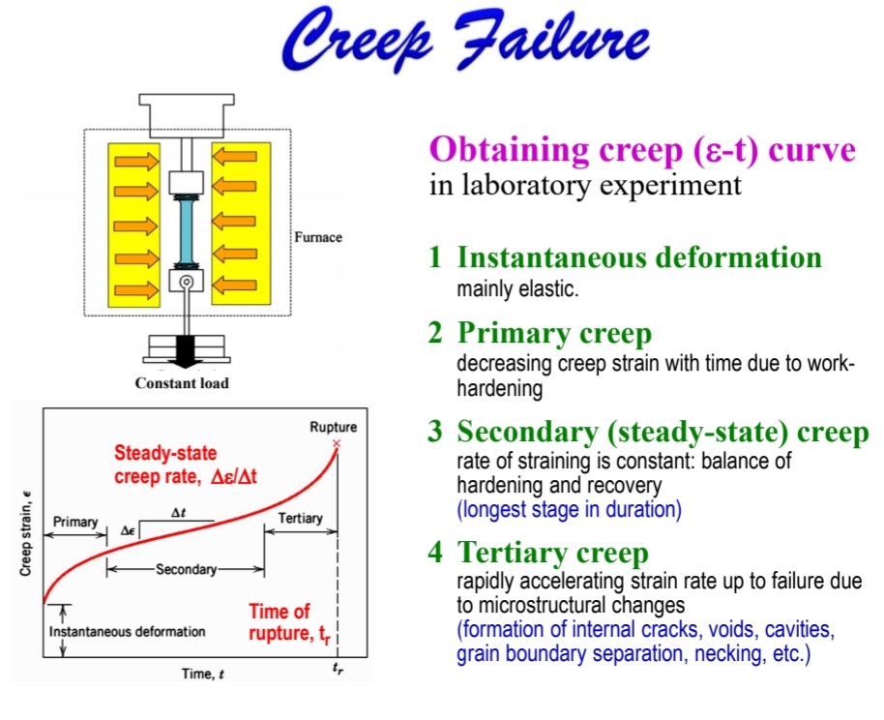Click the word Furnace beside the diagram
pyautogui.click(x=318, y=237)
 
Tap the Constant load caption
pyautogui.click(x=182, y=383)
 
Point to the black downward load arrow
pyautogui.click(x=186, y=350)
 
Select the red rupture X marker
pyautogui.click(x=337, y=443)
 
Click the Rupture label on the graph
pyautogui.click(x=333, y=427)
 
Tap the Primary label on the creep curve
pyautogui.click(x=75, y=522)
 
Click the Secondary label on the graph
pyautogui.click(x=186, y=569)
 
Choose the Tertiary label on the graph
pyautogui.click(x=300, y=518)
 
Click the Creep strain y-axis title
pyautogui.click(x=25, y=534)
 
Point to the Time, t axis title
pyautogui.click(x=203, y=674)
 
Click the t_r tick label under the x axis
pyautogui.click(x=338, y=669)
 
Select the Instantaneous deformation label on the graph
pyautogui.click(x=127, y=631)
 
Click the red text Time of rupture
pyautogui.click(x=289, y=623)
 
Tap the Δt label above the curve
pyautogui.click(x=178, y=513)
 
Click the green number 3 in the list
pyautogui.click(x=435, y=431)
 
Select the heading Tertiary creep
pyautogui.click(x=553, y=552)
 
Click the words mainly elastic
pyautogui.click(x=517, y=289)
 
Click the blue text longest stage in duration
pyautogui.click(x=569, y=509)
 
